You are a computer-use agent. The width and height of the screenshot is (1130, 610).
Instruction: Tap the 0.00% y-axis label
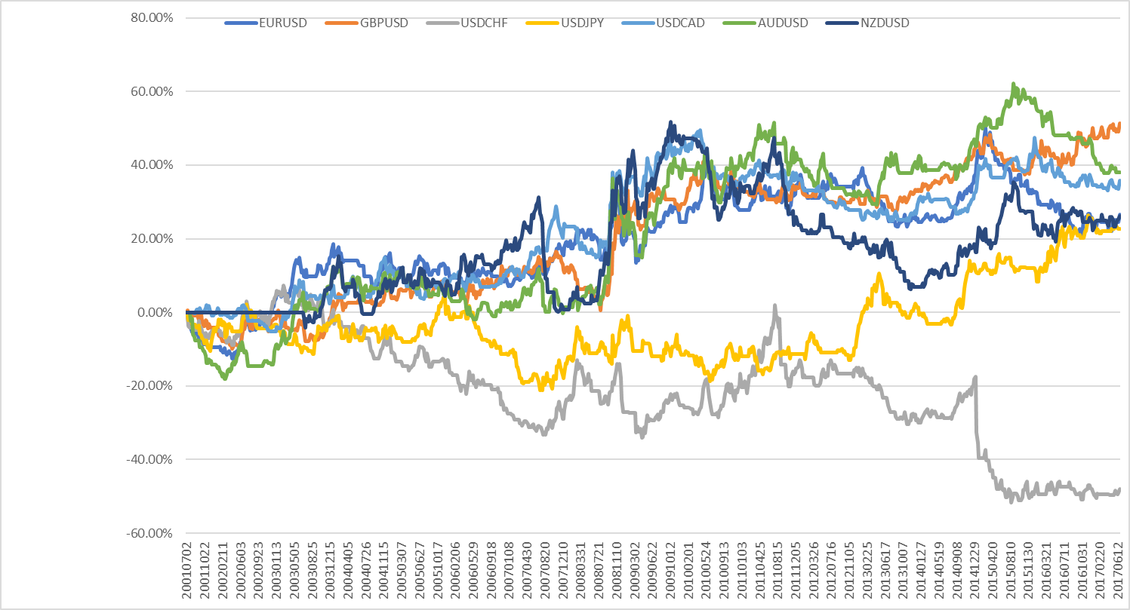click(x=155, y=313)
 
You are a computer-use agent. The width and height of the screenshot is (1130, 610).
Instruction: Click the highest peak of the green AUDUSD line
click(x=1014, y=84)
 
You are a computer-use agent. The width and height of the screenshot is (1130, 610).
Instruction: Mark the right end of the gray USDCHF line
click(x=1119, y=489)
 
